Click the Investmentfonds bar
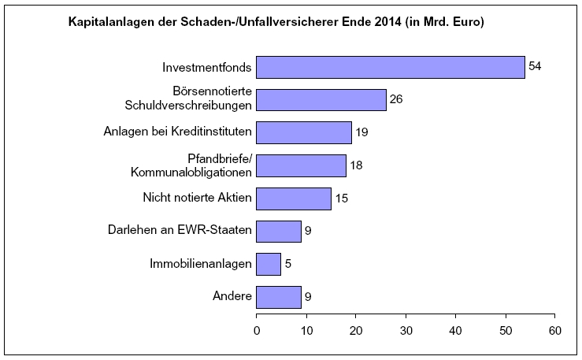click(x=390, y=67)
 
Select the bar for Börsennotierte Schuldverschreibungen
click(x=321, y=100)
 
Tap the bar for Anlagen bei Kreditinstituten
click(x=304, y=132)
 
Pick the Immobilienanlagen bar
click(x=269, y=264)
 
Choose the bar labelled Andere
click(x=279, y=297)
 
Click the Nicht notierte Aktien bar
click(x=294, y=199)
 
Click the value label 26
click(x=396, y=100)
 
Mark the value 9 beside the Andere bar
click(x=308, y=297)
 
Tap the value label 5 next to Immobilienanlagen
click(x=287, y=264)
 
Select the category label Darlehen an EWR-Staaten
click(x=180, y=231)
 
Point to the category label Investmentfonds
click(x=207, y=67)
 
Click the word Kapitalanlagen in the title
click(x=110, y=23)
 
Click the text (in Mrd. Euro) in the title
click(x=444, y=23)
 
